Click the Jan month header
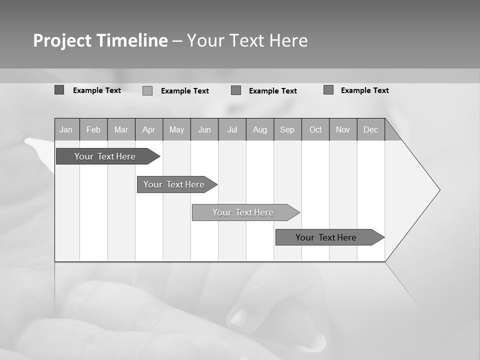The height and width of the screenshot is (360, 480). tap(66, 129)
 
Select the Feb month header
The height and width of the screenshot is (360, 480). tap(93, 129)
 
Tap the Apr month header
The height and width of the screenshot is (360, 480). tap(148, 129)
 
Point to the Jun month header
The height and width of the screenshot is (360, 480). tap(204, 129)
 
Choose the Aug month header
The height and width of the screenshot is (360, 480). tap(259, 129)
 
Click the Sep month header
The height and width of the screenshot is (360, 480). tap(287, 129)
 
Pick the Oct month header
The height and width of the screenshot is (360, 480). tap(315, 129)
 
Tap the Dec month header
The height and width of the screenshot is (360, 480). tap(370, 129)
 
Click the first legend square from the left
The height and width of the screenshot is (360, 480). tap(59, 90)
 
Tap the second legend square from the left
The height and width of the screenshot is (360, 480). tap(147, 90)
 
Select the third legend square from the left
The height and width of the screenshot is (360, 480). tap(236, 90)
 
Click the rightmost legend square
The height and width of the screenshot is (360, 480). tap(328, 90)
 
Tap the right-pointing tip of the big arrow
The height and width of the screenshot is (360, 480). tap(438, 190)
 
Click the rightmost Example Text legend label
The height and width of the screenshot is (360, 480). tap(364, 90)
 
